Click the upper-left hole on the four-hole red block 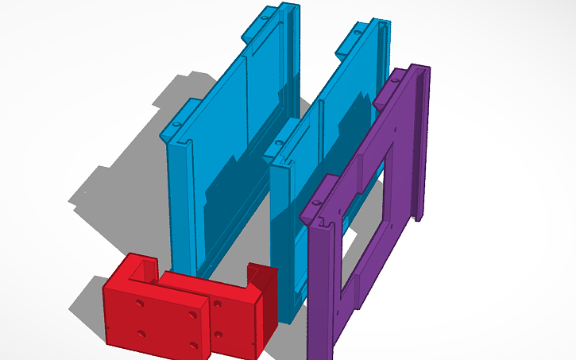tap(140, 304)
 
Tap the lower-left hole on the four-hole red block tap(141, 333)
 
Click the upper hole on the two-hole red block tap(218, 302)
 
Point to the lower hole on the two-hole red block tap(218, 333)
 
